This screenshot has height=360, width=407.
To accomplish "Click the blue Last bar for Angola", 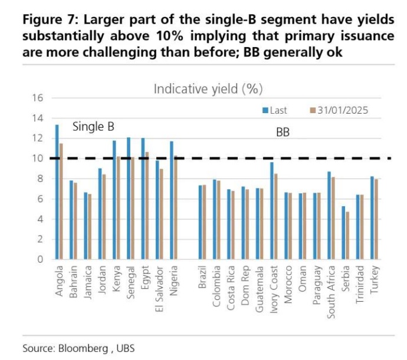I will tap(57, 192).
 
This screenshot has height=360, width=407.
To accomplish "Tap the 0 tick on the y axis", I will tap(40, 259).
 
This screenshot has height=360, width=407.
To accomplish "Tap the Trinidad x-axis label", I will tap(360, 284).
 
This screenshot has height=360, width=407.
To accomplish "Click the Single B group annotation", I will tap(93, 127).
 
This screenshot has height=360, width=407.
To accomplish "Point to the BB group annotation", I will tap(283, 133).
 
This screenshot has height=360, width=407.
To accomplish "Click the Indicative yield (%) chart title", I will tap(208, 89).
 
